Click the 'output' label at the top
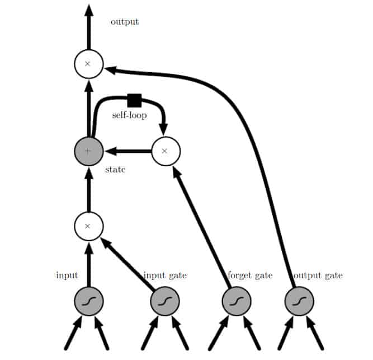[124, 22]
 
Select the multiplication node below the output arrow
[88, 64]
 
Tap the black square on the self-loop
[134, 100]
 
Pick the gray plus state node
[88, 151]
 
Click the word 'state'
[115, 170]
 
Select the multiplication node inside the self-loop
[166, 151]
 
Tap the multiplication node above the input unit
[88, 226]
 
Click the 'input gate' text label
[165, 275]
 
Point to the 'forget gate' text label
[250, 275]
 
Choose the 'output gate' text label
[318, 275]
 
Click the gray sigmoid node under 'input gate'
[165, 302]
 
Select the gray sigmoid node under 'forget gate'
[237, 302]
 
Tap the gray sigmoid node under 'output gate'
[299, 302]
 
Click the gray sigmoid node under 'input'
[88, 302]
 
